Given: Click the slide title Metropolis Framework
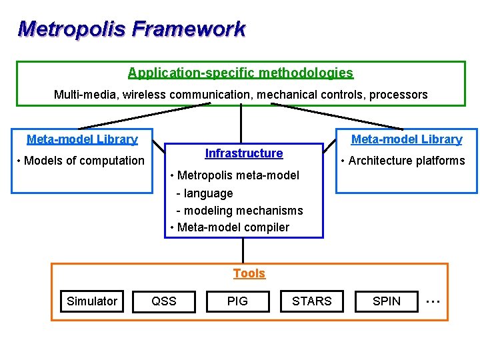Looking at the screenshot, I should point(131,29).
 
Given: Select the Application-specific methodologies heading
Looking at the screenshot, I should point(241,73).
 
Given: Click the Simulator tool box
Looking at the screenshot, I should point(92,301).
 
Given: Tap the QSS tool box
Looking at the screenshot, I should point(164,301).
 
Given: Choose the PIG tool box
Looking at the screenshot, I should point(237,301).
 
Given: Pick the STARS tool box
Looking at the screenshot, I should point(311,301).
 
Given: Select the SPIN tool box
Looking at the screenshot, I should point(387,301).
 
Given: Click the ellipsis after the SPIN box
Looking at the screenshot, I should point(433,301).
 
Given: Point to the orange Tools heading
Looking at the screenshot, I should point(249,273).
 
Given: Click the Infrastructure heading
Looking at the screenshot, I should point(244,153).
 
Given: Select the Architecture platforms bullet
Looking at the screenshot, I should point(403,161).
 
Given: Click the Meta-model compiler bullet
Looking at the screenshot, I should point(230,227).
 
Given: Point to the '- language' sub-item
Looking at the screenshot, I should point(204,193).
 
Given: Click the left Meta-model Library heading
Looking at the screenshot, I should point(82,139).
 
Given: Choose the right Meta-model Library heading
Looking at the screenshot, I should point(407,139).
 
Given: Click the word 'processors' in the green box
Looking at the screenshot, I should point(398,95).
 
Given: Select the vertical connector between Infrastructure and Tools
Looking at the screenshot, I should point(243,250).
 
